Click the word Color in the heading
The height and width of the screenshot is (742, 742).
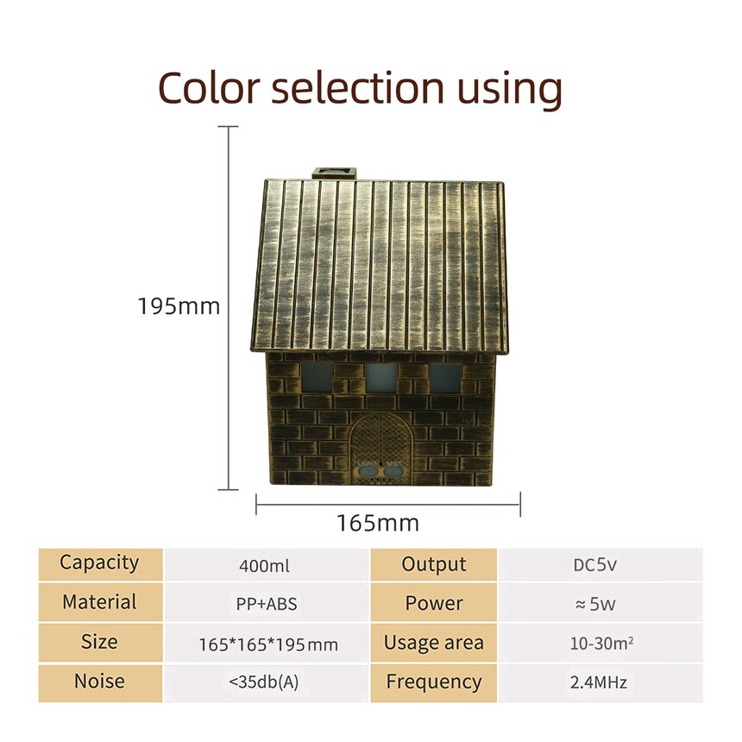click(209, 88)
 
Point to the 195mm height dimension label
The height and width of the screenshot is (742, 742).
click(179, 306)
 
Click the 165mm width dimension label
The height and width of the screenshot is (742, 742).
click(378, 523)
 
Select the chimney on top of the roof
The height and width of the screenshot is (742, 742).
click(334, 173)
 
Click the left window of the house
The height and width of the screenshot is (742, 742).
click(317, 377)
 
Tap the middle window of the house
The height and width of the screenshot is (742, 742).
click(381, 378)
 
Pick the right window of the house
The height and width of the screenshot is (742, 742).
click(445, 378)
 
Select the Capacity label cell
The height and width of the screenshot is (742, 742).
click(100, 564)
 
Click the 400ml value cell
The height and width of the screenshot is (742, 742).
click(265, 565)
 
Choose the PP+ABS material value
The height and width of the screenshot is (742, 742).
click(267, 604)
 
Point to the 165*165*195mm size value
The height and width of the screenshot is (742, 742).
click(268, 644)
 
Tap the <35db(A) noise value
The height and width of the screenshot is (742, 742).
click(263, 682)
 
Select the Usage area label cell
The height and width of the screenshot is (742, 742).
click(433, 643)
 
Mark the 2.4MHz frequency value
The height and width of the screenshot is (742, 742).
click(599, 682)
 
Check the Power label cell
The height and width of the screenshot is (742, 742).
click(433, 603)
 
